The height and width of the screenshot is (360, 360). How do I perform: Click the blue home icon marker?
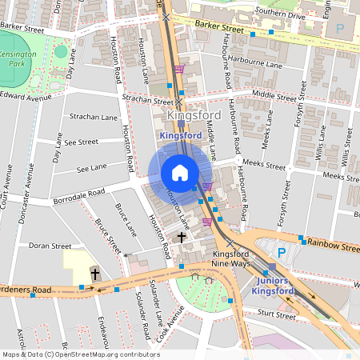coord(180,173)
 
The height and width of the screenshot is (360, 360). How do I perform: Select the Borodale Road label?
coord(78,195)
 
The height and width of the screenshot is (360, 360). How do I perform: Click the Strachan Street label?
coord(147,100)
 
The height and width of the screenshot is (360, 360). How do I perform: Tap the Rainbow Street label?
coord(334,246)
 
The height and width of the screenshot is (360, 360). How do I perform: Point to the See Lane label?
coord(91,169)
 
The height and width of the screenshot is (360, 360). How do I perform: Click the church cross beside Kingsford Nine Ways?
coord(182,238)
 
